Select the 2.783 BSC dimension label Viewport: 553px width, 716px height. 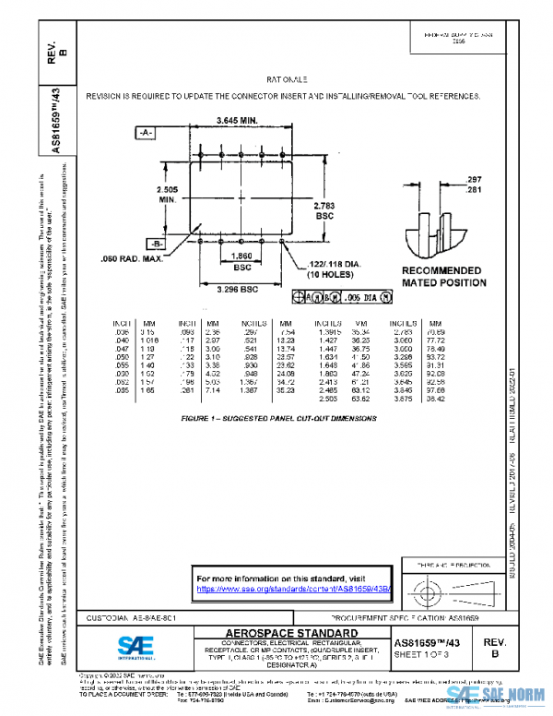click(324, 210)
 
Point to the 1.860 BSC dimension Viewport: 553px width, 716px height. click(241, 260)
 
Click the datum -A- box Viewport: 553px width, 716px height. click(146, 134)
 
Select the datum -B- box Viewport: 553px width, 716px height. click(133, 244)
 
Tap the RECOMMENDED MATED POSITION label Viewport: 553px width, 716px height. click(442, 277)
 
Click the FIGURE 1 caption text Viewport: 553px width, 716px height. click(278, 418)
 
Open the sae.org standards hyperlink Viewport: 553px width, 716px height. click(294, 588)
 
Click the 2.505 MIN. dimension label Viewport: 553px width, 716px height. click(168, 193)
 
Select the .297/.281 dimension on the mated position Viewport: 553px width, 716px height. click(474, 184)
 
